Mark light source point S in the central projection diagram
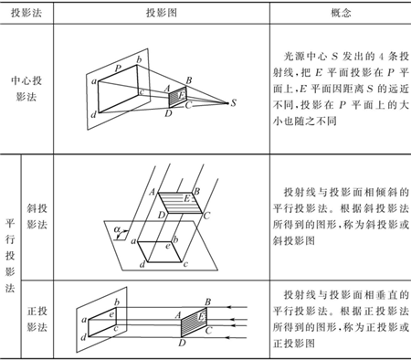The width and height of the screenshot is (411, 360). (235, 102)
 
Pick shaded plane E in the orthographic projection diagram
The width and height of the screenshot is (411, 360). (194, 321)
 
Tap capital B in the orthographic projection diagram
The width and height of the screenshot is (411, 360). (210, 302)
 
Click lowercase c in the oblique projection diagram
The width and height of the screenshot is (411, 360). (184, 264)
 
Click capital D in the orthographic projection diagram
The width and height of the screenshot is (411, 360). (181, 344)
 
